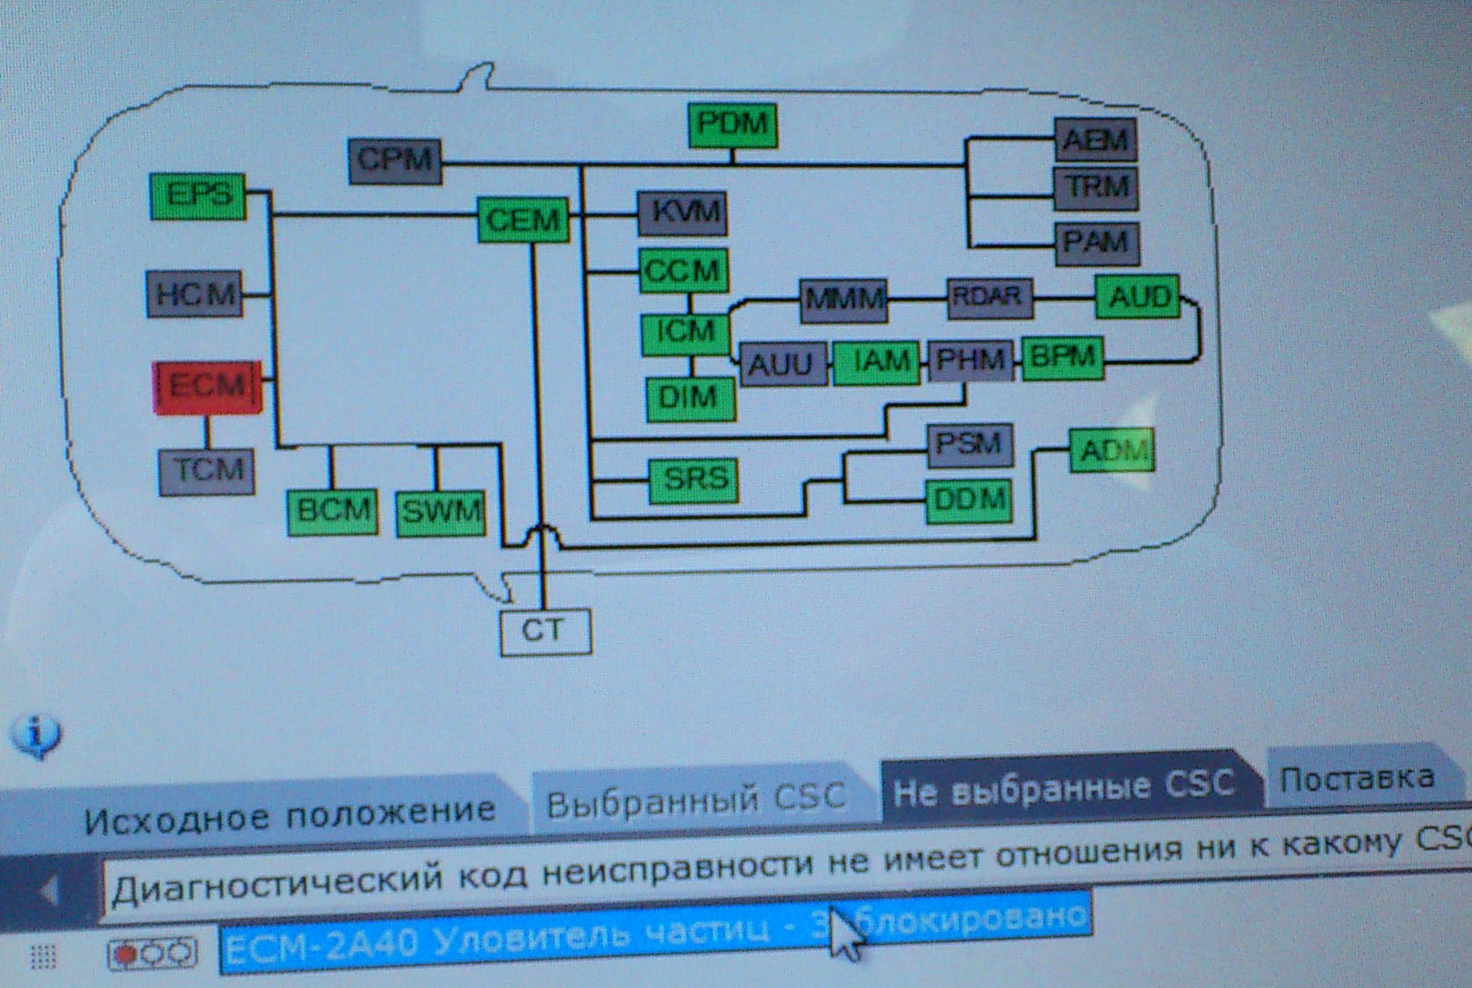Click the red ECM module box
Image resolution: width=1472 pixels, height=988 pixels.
tap(208, 386)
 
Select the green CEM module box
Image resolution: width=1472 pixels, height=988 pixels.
tap(523, 220)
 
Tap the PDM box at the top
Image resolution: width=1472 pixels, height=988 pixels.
tap(732, 125)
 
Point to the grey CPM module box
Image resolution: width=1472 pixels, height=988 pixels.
tap(395, 161)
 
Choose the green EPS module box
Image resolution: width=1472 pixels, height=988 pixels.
tap(198, 196)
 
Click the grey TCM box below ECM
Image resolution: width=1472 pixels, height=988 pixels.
tap(207, 472)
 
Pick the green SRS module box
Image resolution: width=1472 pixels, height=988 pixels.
tap(693, 480)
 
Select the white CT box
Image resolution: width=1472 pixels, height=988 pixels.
tap(545, 631)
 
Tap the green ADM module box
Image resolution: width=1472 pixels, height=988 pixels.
tap(1111, 451)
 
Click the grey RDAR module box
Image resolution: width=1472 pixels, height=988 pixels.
tap(988, 298)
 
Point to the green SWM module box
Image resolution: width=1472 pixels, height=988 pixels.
tap(441, 512)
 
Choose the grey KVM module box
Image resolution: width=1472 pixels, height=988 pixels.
tap(683, 213)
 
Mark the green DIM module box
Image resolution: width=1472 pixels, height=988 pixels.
tap(690, 399)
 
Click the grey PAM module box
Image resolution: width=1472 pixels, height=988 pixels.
tap(1096, 242)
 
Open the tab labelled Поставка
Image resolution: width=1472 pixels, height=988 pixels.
tap(1356, 779)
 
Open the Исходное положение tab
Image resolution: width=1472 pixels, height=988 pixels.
tap(290, 812)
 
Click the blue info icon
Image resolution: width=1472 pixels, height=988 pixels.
tap(35, 734)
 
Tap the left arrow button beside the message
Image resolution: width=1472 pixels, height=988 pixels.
tap(49, 892)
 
